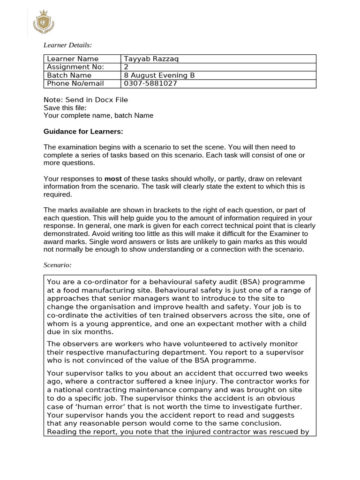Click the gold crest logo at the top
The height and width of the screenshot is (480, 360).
[x=45, y=22]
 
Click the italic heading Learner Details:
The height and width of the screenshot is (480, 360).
[x=67, y=45]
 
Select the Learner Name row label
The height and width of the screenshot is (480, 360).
[x=73, y=59]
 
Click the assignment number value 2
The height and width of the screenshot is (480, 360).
[x=126, y=67]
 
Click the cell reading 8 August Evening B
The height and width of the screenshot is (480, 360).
[x=159, y=75]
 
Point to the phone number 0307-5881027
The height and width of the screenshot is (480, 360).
[x=150, y=83]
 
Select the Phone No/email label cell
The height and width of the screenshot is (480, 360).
[x=75, y=83]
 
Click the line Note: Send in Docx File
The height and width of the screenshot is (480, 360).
[x=85, y=100]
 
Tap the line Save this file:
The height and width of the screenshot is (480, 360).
[x=65, y=107]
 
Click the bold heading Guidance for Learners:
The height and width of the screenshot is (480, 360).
[x=83, y=131]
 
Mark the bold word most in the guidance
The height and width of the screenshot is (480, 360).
[x=112, y=179]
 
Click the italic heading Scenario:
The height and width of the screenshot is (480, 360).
[x=57, y=265]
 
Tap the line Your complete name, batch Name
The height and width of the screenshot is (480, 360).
[x=98, y=115]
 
